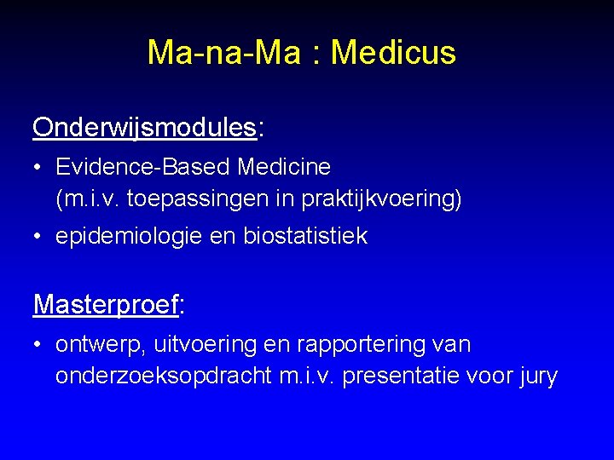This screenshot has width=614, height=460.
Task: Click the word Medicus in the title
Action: click(x=393, y=53)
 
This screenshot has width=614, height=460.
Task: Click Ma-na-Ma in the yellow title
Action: click(x=224, y=53)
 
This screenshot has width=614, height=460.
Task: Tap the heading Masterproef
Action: click(x=106, y=304)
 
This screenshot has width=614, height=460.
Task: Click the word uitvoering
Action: click(x=201, y=345)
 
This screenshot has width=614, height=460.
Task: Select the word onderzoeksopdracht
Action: click(x=164, y=376)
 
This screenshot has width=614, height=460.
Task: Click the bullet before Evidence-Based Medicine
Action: click(x=40, y=167)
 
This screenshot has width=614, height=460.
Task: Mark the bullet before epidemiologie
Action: click(x=40, y=237)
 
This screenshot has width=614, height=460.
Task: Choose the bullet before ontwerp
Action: click(x=40, y=345)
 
